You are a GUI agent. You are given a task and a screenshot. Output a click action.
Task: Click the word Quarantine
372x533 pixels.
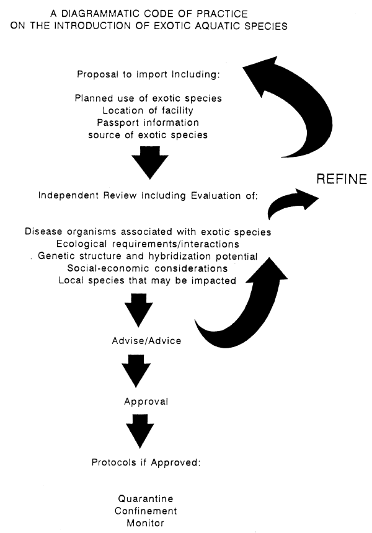[146, 498]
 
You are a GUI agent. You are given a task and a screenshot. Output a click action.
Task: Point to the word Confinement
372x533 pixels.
[146, 511]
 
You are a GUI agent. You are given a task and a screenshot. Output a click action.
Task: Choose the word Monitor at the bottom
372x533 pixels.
[146, 523]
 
